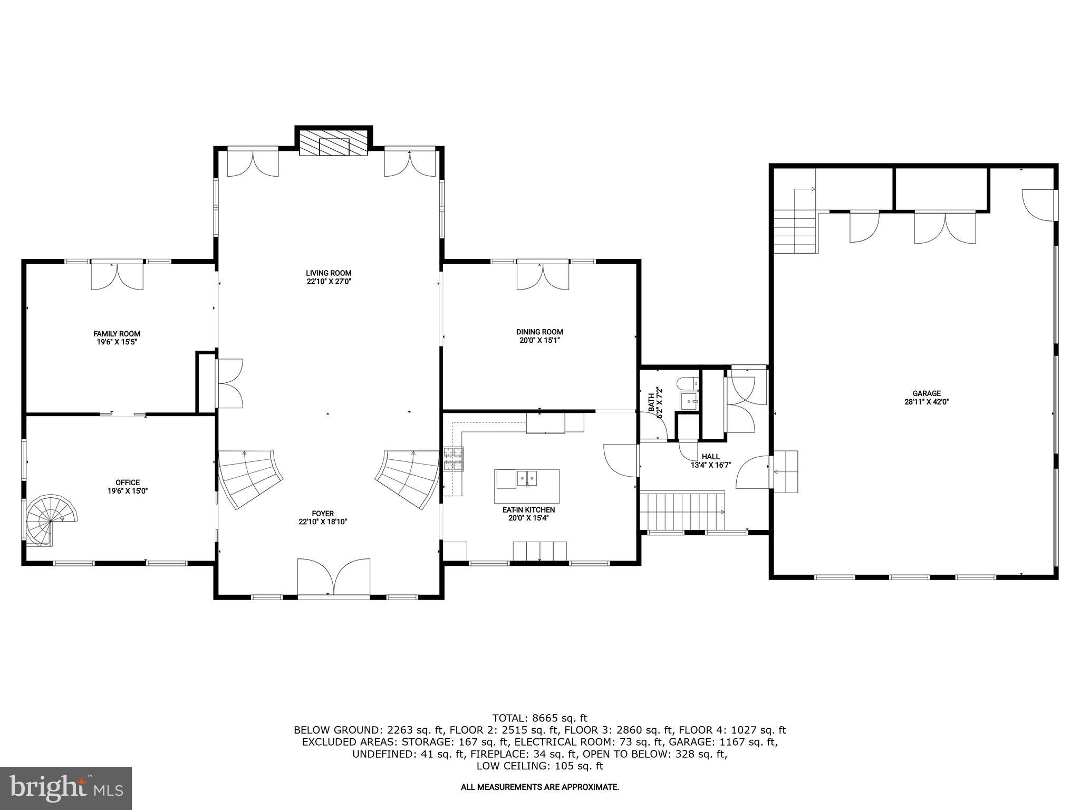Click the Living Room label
click(x=329, y=273)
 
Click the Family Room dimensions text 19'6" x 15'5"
click(x=117, y=342)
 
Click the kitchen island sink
click(x=526, y=479)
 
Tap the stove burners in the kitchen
click(x=453, y=458)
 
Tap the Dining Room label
click(x=539, y=332)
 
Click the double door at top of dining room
click(x=543, y=275)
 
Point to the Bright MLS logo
click(x=66, y=788)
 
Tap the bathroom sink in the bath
click(x=689, y=401)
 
